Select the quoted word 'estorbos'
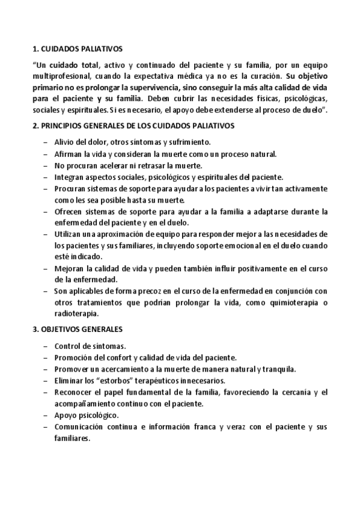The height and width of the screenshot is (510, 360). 120,381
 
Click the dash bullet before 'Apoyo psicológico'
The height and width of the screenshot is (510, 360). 47,415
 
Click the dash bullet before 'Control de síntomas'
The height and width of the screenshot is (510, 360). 47,346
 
